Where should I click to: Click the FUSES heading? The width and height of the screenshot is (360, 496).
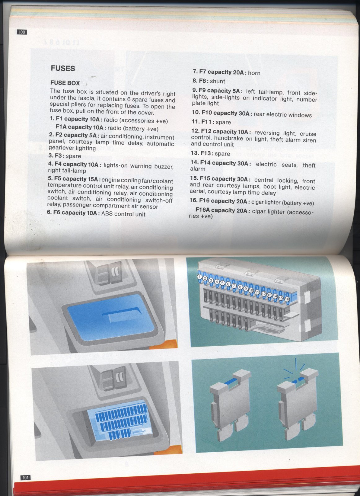(x=63, y=69)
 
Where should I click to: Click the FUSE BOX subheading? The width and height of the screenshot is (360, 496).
(x=65, y=83)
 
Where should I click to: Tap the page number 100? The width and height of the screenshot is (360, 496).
(x=22, y=32)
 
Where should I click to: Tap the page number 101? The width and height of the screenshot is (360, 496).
(x=25, y=478)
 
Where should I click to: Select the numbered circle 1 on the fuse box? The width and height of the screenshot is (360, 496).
(x=199, y=277)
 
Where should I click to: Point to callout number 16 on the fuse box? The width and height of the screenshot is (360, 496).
(x=287, y=299)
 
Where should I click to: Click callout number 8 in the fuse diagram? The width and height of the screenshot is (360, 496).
(x=240, y=287)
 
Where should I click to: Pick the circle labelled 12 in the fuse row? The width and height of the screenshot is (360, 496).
(x=264, y=294)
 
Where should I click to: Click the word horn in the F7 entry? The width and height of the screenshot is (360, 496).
(x=254, y=73)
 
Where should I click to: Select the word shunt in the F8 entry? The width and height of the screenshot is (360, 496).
(x=217, y=81)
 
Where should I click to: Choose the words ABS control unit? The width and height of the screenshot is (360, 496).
(x=123, y=214)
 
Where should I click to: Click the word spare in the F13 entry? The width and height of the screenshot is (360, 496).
(x=223, y=153)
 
